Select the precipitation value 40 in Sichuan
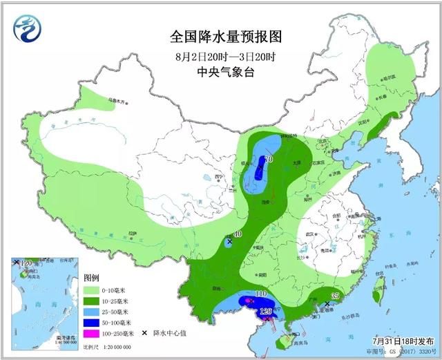238,235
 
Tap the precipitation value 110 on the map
260,294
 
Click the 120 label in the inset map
27,263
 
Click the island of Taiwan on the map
377,294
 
